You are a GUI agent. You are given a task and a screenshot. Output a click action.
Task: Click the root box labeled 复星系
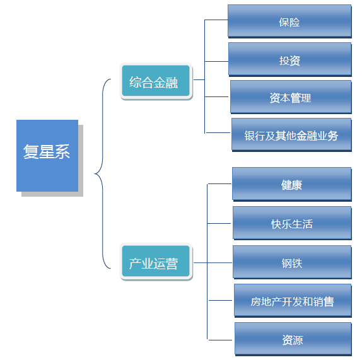[47, 155]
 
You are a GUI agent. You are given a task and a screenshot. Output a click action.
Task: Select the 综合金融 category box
[155, 82]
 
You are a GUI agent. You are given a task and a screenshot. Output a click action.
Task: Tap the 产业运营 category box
[155, 264]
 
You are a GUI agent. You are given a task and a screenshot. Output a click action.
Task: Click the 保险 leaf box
[289, 21]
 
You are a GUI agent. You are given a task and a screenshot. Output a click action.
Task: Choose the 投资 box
[289, 60]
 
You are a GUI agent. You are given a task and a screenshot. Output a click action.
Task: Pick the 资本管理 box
[291, 98]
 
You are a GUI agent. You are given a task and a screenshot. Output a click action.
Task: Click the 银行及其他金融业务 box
[291, 135]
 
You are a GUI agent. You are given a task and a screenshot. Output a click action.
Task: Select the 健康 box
[291, 185]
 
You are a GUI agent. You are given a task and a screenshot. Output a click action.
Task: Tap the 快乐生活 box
[292, 223]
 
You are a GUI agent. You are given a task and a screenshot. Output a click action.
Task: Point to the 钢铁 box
[292, 263]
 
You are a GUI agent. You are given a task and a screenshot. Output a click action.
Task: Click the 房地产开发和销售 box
[293, 301]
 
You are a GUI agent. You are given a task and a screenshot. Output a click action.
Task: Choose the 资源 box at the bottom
[293, 340]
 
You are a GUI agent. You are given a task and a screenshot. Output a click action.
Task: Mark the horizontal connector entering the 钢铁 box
[220, 262]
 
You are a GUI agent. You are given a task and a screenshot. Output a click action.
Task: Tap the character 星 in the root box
[47, 152]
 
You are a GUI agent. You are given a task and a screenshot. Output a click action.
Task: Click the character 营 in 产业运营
[172, 264]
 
